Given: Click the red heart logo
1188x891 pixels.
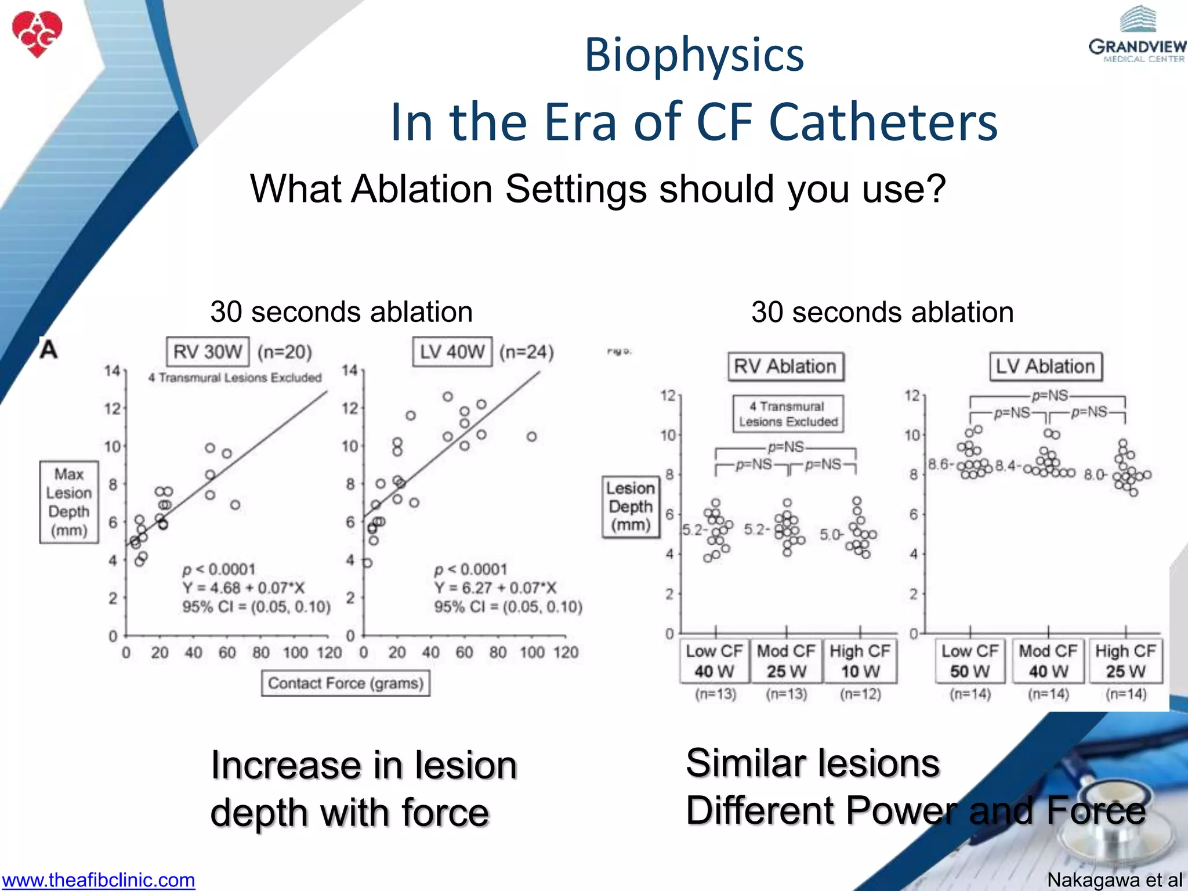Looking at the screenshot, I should (37, 34).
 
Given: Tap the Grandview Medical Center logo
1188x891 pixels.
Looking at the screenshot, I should (1137, 36).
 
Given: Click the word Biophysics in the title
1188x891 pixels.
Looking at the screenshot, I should (694, 55).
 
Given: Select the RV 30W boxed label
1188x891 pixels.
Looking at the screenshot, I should (208, 352).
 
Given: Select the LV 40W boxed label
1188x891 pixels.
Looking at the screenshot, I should (452, 352).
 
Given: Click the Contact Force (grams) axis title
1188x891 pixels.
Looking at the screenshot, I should (346, 683).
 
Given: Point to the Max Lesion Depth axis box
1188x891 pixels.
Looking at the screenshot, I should (69, 502).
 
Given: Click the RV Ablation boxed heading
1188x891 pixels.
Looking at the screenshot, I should (785, 367).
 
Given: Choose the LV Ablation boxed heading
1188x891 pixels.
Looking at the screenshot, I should (1045, 367).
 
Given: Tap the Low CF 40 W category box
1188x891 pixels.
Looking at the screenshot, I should (714, 661).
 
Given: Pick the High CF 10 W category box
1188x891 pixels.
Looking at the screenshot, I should (860, 661).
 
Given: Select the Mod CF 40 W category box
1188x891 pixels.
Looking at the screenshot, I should (1048, 661).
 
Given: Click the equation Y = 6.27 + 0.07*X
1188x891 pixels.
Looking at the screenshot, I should (495, 588).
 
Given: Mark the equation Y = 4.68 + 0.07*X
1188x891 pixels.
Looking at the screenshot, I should (244, 588).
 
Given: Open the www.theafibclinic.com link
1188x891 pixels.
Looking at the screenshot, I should (98, 880).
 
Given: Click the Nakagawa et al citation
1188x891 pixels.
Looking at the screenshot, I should (1114, 880).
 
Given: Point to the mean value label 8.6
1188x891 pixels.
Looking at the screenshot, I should (938, 464).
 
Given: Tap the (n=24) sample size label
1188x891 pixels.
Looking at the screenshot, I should (527, 352).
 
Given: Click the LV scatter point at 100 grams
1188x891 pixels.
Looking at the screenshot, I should (532, 436).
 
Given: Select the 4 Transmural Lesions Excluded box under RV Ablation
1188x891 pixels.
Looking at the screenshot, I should (788, 414).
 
